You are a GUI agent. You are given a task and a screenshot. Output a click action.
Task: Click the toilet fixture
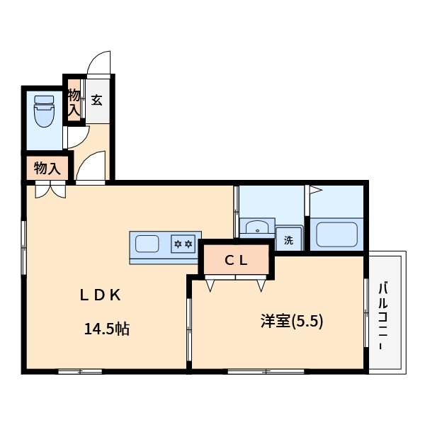click(44, 111)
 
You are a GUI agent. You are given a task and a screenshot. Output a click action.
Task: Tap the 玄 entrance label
click(96, 100)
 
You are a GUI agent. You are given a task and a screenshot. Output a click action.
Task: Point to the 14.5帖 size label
click(106, 329)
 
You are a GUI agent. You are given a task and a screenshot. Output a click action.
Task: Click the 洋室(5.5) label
click(291, 321)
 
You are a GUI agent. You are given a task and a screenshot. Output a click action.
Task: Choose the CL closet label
click(236, 260)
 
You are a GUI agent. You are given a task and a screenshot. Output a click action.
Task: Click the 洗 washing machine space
click(288, 239)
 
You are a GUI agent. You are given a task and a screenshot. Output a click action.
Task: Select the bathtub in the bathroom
click(337, 234)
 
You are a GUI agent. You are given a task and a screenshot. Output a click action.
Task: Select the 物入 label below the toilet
click(46, 169)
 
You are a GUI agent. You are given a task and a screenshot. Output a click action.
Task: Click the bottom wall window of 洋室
click(267, 370)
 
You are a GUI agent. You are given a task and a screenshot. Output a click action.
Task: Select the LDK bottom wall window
click(79, 370)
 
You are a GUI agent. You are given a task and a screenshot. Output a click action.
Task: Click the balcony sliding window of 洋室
click(366, 312)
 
